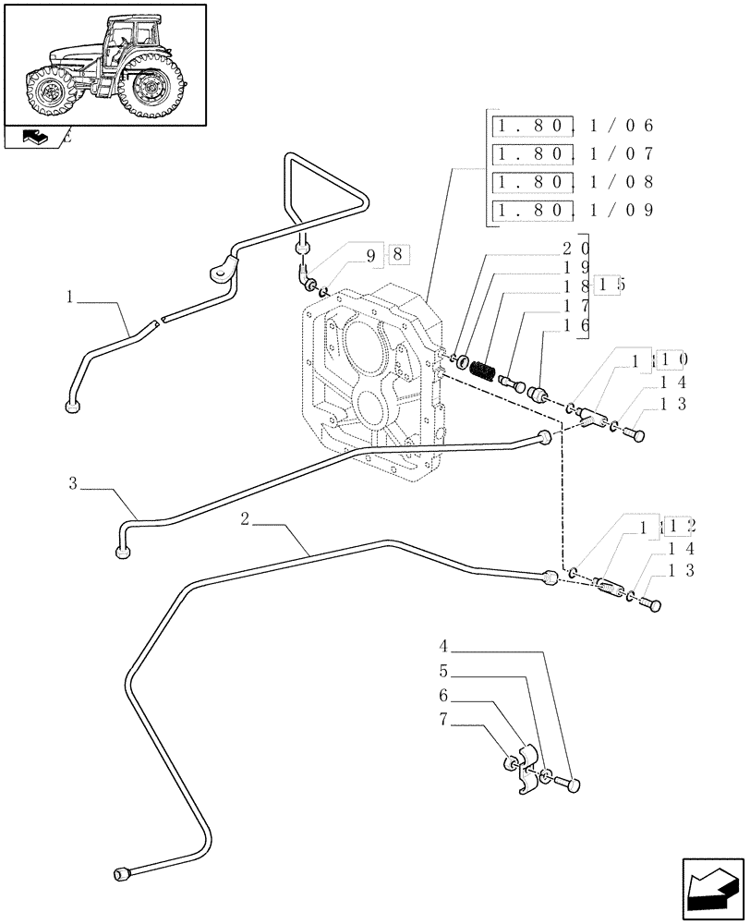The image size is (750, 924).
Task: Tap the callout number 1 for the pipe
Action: [x=70, y=298]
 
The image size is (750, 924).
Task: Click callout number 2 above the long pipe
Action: [x=245, y=519]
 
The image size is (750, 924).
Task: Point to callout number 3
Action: [x=72, y=482]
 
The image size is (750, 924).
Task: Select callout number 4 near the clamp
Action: [x=444, y=647]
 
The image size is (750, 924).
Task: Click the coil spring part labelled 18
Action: [x=480, y=371]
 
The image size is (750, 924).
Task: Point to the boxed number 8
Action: [x=396, y=253]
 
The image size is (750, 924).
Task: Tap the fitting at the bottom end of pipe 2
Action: [x=121, y=874]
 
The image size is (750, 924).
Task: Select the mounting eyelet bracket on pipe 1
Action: [x=221, y=271]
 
